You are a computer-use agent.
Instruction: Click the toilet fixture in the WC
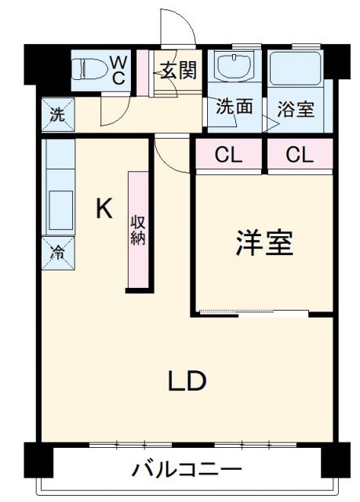(89, 70)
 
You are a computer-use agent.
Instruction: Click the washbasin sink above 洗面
(234, 67)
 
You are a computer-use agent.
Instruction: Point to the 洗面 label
(235, 107)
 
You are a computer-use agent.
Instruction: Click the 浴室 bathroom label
(296, 108)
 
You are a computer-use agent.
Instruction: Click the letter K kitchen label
(104, 208)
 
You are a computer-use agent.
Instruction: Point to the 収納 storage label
(138, 229)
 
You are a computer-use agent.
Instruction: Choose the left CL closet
(228, 155)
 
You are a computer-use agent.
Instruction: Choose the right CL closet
(299, 155)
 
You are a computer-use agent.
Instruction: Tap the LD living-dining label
(186, 381)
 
